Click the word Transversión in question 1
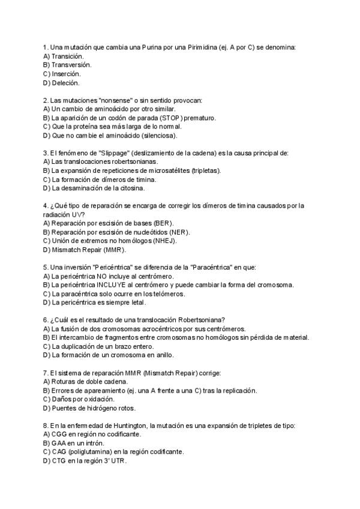[x=71, y=64]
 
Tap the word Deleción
[x=66, y=82]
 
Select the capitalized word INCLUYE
[x=109, y=285]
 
